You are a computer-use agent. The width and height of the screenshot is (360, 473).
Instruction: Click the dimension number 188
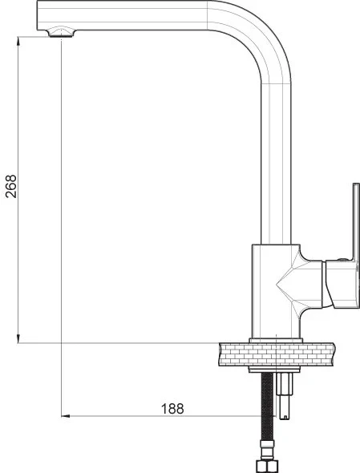point(172,408)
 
